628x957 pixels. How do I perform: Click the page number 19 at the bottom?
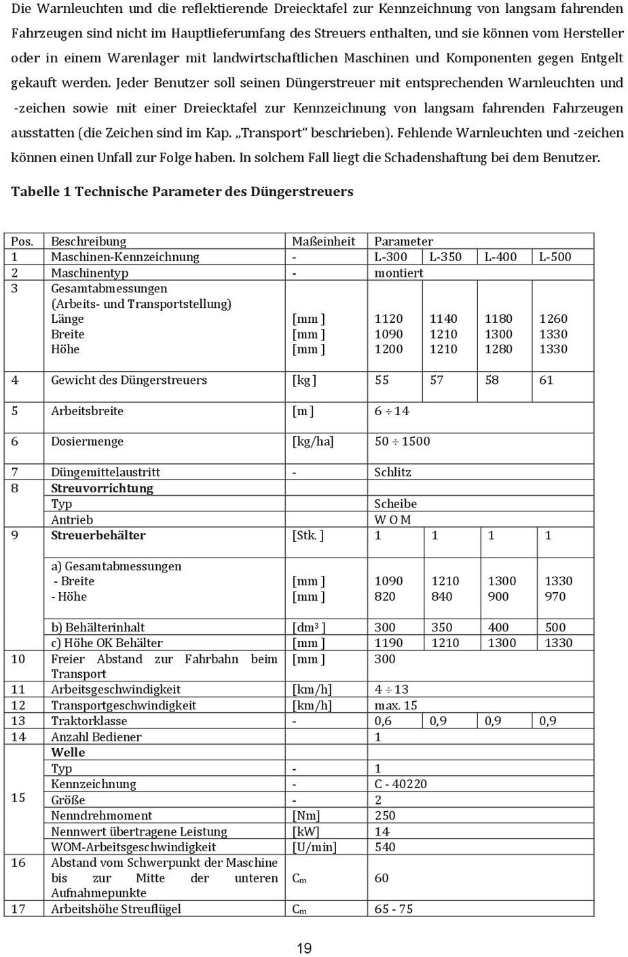click(x=303, y=948)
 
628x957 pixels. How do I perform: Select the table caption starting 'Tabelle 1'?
click(x=182, y=191)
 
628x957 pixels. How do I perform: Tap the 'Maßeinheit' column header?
click(x=323, y=241)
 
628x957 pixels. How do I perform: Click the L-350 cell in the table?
click(x=445, y=256)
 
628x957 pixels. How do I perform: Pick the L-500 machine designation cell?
click(x=555, y=256)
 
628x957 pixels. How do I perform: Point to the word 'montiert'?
click(x=399, y=273)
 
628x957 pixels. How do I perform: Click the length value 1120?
click(x=388, y=318)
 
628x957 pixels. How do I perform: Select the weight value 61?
click(x=546, y=380)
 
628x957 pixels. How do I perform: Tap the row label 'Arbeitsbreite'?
click(x=87, y=410)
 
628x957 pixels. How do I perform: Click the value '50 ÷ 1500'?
click(x=402, y=441)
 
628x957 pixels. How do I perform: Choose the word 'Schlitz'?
click(x=392, y=472)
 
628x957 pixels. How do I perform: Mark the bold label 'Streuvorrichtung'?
click(x=102, y=488)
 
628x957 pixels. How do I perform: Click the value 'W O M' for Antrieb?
click(x=392, y=520)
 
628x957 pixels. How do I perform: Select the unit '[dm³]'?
click(x=308, y=627)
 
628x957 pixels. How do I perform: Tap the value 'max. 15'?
click(x=396, y=705)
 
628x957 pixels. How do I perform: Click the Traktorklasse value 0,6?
click(x=383, y=720)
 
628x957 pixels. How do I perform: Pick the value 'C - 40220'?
click(x=401, y=783)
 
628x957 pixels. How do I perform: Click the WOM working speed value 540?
click(x=384, y=846)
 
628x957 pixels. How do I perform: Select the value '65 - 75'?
click(x=393, y=909)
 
